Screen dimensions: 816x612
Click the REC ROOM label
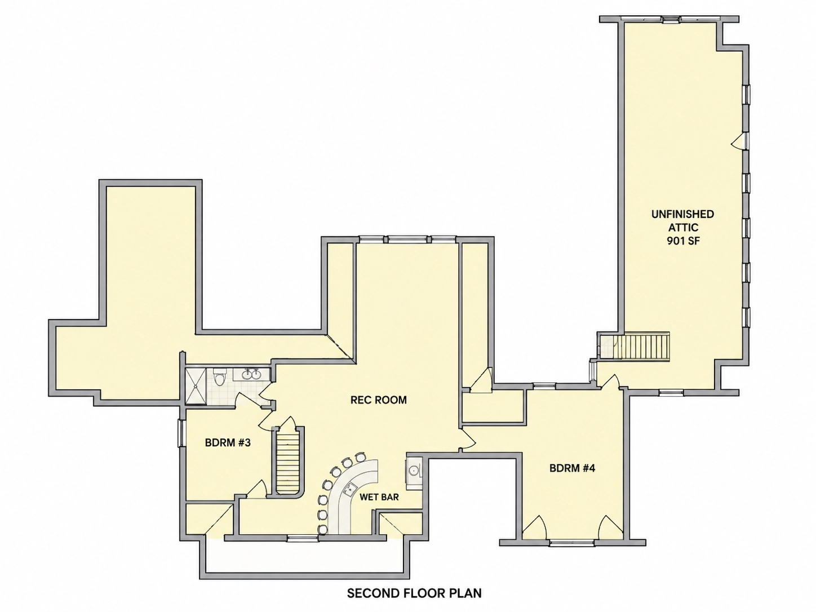(x=379, y=400)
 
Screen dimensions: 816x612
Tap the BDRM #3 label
(x=228, y=442)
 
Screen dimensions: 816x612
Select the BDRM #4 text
(x=572, y=468)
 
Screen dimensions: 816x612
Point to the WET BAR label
(x=379, y=497)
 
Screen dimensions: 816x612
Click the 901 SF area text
(x=683, y=241)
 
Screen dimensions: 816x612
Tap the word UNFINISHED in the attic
(x=683, y=214)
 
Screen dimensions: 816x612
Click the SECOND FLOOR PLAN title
(x=414, y=593)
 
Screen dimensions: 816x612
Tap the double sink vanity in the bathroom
(x=252, y=374)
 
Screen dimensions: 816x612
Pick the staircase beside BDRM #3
(x=289, y=461)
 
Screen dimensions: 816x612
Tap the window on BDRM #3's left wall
(x=180, y=433)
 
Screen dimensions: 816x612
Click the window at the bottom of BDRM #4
(x=572, y=543)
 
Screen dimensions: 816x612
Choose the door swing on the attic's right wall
(x=739, y=141)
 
